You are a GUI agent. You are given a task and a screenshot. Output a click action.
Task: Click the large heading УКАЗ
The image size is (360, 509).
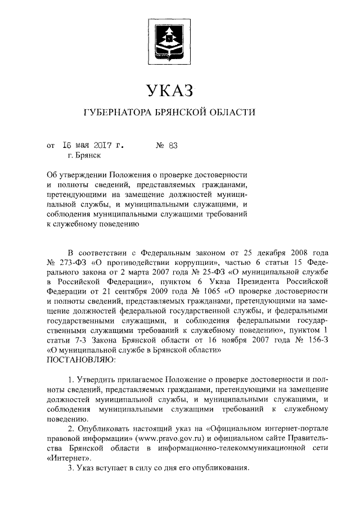[170, 90]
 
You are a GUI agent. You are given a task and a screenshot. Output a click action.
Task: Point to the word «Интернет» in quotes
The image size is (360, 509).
[67, 458]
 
